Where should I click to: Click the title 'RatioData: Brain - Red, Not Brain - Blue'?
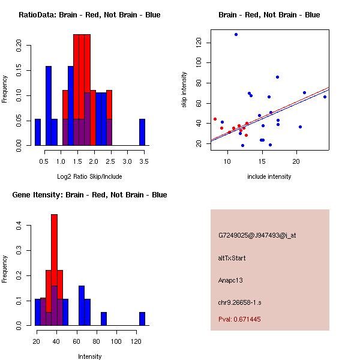tap(89, 15)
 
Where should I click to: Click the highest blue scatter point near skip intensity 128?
tap(236, 34)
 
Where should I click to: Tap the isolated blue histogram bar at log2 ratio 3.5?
tap(142, 132)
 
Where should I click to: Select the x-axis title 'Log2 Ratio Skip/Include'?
tap(89, 176)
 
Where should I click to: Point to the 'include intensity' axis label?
tap(269, 176)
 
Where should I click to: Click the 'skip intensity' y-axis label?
tap(185, 90)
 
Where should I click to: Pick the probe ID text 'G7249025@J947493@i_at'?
tap(257, 235)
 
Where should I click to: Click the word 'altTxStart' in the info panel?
tap(232, 258)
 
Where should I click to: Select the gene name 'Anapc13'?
tap(230, 280)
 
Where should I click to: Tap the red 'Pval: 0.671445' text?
tap(239, 319)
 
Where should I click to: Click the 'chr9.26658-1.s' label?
tap(239, 302)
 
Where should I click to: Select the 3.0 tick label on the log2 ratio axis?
tap(127, 160)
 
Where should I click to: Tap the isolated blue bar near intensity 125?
tap(142, 319)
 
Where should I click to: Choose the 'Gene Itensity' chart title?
tap(89, 195)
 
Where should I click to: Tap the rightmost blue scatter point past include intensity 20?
tap(325, 97)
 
